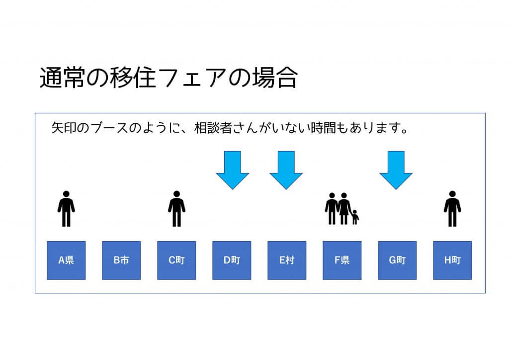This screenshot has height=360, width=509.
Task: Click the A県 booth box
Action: click(66, 261)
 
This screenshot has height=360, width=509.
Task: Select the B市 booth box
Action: click(121, 261)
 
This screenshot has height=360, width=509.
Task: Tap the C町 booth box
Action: click(176, 261)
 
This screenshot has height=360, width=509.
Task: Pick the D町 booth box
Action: click(232, 261)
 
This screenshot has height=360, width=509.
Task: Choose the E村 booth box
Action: click(287, 261)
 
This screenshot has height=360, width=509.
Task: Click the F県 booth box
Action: click(342, 261)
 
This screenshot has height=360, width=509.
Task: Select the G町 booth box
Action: click(397, 261)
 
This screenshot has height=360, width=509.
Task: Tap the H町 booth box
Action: click(452, 261)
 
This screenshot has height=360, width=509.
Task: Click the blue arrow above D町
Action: click(233, 170)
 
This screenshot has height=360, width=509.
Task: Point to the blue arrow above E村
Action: click(286, 170)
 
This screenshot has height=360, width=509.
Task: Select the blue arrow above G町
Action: click(396, 170)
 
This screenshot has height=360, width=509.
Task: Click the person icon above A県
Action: click(66, 209)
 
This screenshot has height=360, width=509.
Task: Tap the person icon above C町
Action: click(176, 209)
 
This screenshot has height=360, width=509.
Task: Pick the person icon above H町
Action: click(452, 209)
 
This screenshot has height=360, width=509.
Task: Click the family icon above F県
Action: click(342, 209)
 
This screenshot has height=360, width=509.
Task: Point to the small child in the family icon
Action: click(355, 217)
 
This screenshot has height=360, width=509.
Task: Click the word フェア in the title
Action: click(193, 78)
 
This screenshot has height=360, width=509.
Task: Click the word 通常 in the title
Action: click(62, 78)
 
